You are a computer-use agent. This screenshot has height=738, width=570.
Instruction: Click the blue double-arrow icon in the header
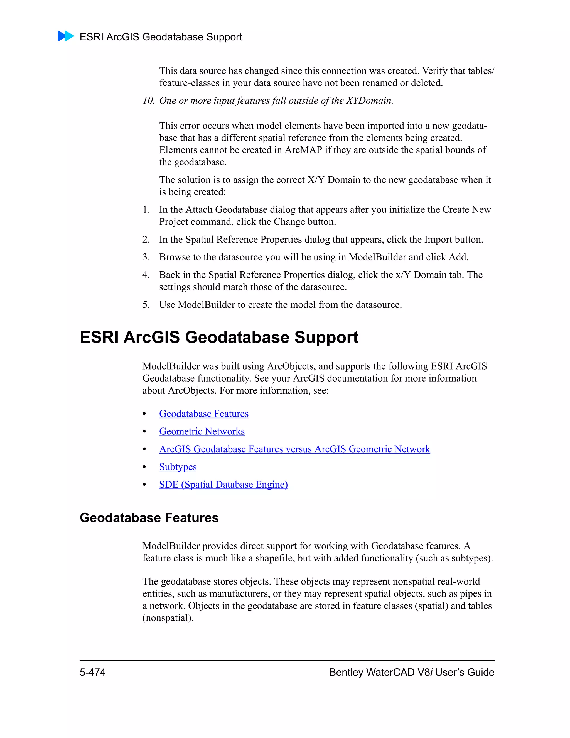(66, 36)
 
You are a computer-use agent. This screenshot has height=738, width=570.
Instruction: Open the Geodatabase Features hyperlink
(204, 414)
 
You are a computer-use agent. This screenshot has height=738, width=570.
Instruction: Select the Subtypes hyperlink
(178, 467)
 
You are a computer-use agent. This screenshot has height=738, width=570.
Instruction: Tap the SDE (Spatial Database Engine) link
(223, 485)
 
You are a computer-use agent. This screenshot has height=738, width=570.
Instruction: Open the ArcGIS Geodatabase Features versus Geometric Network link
(294, 449)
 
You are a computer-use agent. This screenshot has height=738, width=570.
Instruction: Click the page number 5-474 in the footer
(92, 672)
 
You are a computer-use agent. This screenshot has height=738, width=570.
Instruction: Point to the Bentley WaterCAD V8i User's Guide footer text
(411, 672)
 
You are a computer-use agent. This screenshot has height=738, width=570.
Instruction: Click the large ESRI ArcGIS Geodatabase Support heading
(219, 337)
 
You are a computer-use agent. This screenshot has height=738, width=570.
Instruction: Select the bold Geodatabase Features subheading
(149, 518)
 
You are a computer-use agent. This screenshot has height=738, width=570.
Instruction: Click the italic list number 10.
(148, 101)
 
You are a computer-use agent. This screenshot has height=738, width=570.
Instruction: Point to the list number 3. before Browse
(146, 257)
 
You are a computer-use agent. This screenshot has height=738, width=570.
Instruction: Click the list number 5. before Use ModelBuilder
(146, 305)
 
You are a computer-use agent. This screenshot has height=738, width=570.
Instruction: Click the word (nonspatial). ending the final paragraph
(168, 618)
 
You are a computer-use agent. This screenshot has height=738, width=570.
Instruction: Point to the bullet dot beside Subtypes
(144, 467)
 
